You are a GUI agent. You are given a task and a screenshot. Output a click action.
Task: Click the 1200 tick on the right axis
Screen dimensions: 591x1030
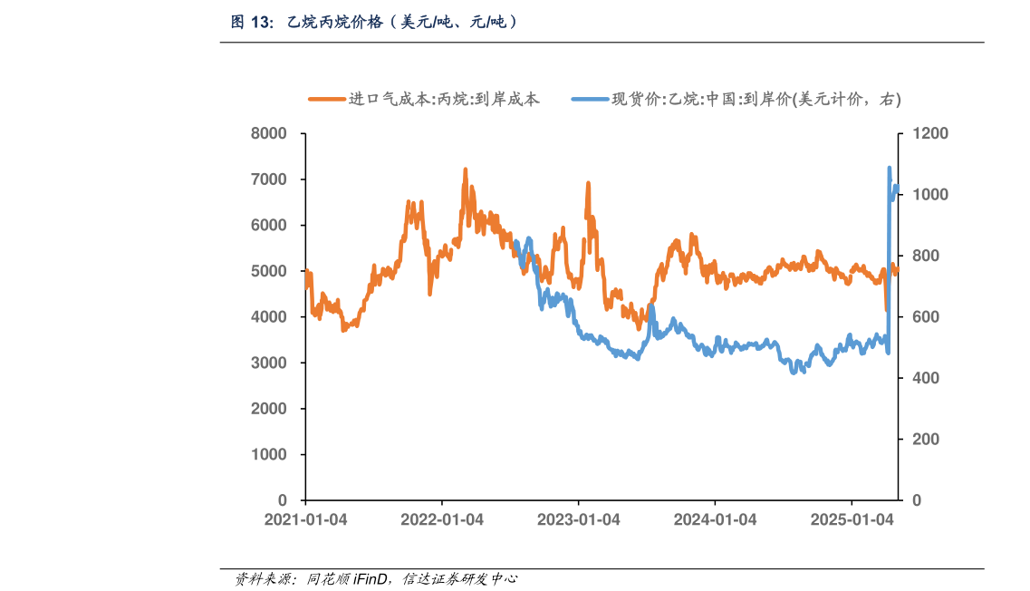click(929, 134)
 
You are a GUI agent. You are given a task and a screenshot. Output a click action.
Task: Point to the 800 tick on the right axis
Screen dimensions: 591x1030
click(924, 257)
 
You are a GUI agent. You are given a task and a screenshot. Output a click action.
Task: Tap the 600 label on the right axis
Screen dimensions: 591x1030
click(924, 317)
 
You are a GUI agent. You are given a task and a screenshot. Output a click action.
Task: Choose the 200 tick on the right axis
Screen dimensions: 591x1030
click(924, 440)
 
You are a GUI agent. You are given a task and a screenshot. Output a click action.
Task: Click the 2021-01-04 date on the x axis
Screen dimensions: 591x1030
click(305, 520)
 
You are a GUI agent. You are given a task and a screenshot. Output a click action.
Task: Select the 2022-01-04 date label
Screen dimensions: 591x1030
click(442, 520)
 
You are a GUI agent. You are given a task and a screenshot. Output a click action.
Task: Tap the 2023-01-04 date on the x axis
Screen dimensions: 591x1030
click(579, 520)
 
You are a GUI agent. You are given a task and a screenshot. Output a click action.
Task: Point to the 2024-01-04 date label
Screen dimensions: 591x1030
click(715, 520)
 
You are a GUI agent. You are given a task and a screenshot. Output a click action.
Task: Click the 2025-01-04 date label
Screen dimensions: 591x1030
click(852, 520)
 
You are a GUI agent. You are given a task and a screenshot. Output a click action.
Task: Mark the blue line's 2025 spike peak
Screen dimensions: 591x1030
click(889, 168)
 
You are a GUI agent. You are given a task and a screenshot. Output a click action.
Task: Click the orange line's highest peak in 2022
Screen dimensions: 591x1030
click(466, 170)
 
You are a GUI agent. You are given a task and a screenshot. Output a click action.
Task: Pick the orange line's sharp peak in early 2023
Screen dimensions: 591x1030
click(588, 183)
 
